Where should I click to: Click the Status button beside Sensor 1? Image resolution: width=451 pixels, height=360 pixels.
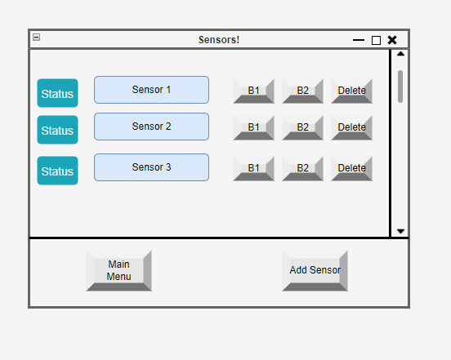coord(57,93)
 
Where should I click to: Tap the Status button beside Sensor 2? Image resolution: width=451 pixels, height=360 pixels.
coord(57,130)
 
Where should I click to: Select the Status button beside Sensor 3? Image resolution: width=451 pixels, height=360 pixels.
coord(57,171)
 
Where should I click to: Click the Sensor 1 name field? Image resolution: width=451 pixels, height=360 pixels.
coord(152,90)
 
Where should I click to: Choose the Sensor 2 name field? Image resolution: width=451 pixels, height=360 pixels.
coord(152,127)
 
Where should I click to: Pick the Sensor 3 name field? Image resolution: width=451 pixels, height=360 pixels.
coord(152,167)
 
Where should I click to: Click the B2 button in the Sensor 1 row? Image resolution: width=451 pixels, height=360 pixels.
coord(302,91)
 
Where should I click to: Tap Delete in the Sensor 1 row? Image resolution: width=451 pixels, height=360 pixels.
coord(352,91)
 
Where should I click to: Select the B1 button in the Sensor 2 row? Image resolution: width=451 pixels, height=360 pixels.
coord(253,127)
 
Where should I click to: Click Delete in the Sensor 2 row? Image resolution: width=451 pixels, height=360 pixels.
coord(352,127)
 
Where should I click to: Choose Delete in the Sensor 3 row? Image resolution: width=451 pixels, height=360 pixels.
coord(352,168)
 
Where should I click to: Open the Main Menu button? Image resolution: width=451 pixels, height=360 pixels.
coord(118,271)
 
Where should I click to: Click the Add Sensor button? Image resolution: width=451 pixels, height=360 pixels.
coord(315,271)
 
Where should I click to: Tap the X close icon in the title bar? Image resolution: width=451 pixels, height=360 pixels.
coord(392,40)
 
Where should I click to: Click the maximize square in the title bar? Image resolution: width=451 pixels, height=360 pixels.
coord(376,41)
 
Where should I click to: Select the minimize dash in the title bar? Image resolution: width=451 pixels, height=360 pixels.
coord(359,40)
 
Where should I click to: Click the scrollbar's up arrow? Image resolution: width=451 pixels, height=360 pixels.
coord(400,54)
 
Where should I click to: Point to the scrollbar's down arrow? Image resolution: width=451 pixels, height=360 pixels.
coord(400,231)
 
